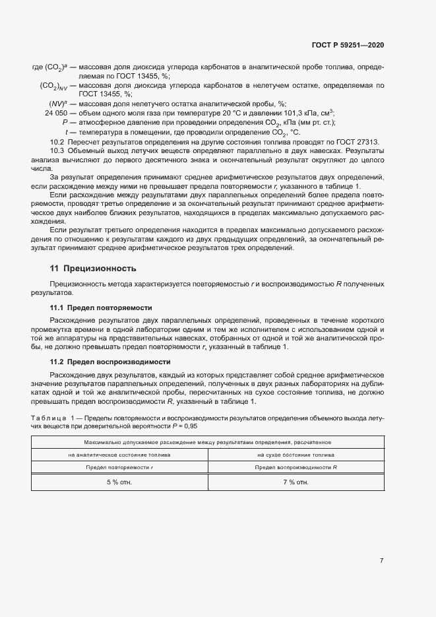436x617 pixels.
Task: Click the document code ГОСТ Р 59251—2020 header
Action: pyautogui.click(x=348, y=46)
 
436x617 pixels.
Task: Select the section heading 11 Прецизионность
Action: pyautogui.click(x=93, y=269)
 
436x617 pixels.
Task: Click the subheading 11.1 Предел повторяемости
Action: pyautogui.click(x=101, y=308)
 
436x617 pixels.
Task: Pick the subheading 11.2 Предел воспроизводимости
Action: pyautogui.click(x=110, y=362)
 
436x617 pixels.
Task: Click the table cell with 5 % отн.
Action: pyautogui.click(x=119, y=482)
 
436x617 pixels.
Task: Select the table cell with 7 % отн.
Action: pyautogui.click(x=296, y=482)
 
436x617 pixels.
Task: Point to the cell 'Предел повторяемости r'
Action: pyautogui.click(x=119, y=467)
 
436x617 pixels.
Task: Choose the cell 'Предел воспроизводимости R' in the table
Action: pyautogui.click(x=296, y=467)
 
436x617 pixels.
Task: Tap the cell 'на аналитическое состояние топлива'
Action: pyautogui.click(x=119, y=455)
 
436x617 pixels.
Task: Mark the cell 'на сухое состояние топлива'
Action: pyautogui.click(x=296, y=455)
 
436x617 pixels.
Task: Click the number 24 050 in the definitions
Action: pyautogui.click(x=57, y=113)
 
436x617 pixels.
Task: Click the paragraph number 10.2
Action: pyautogui.click(x=57, y=143)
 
